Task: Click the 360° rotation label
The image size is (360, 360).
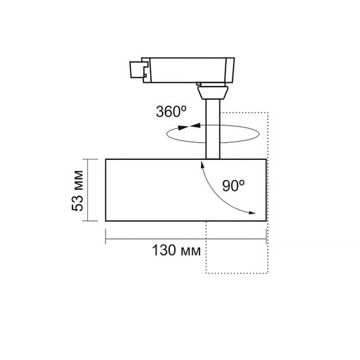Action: pos(171,112)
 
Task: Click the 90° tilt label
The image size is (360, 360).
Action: pos(233,186)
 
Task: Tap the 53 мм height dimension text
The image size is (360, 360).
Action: pos(78,191)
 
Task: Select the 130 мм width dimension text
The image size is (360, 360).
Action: pos(176,250)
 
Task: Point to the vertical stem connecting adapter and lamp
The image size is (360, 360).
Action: pos(213,129)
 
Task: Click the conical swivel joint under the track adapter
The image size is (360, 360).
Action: pos(213,92)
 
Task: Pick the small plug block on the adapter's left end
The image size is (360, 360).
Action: pos(136,69)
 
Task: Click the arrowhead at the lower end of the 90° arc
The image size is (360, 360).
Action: pos(252,213)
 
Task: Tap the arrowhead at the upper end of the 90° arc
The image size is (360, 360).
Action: pos(202,164)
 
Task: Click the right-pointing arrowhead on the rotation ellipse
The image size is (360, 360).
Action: pos(183,128)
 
